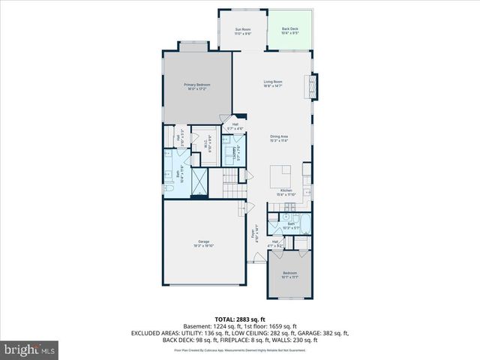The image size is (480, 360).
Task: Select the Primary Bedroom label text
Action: pos(197,87)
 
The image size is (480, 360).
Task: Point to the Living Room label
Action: pos(272,83)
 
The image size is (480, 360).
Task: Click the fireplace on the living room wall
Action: pos(313,86)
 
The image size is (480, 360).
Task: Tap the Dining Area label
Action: pos(280,138)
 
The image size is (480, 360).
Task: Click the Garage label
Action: pos(205,243)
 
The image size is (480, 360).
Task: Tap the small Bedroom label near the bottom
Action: pos(289,274)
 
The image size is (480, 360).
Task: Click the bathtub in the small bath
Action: pos(293,214)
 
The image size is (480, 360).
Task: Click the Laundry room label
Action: pos(238,153)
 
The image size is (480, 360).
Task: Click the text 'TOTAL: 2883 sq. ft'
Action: pos(240,317)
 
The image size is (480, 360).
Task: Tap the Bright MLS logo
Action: pos(29,349)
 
